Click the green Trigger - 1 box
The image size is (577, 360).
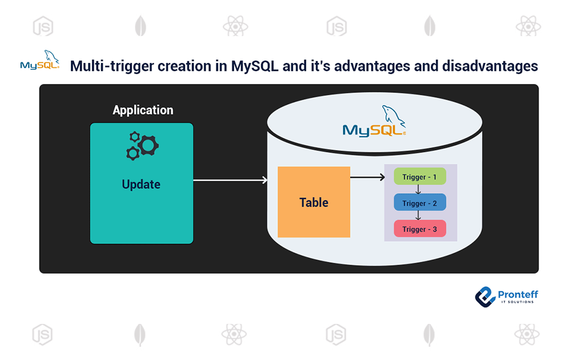[x=420, y=177]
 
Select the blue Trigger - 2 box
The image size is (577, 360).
[x=420, y=203]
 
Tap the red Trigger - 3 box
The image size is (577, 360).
[x=420, y=229]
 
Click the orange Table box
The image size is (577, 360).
[x=313, y=202]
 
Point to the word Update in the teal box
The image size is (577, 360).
[x=141, y=184]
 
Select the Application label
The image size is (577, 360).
[x=143, y=110]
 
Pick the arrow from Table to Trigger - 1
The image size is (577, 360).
[x=367, y=177]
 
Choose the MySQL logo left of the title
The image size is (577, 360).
[x=40, y=62]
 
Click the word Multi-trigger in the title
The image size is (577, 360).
[x=112, y=66]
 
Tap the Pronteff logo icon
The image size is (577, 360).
[x=485, y=296]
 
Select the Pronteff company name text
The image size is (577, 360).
[x=518, y=293]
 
